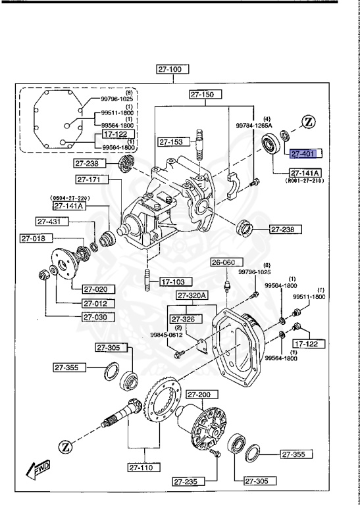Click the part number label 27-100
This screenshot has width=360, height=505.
coord(172,68)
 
